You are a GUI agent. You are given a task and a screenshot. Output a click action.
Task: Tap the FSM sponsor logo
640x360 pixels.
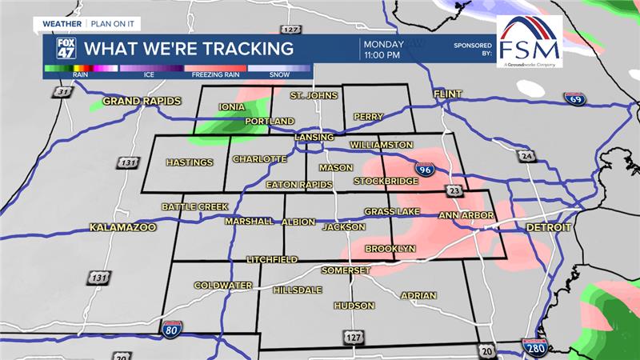[x=528, y=42]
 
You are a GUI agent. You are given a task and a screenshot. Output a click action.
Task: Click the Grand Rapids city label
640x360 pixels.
[x=142, y=102]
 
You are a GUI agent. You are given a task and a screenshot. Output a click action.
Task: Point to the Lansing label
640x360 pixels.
[x=314, y=138]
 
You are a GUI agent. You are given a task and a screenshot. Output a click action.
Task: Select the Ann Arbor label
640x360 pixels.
[x=467, y=216]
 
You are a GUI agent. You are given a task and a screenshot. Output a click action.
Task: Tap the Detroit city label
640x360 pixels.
[x=549, y=228]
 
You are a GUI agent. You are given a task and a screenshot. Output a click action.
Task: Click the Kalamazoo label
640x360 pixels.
[x=122, y=227]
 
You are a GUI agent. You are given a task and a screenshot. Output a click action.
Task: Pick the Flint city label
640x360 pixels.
[x=448, y=94]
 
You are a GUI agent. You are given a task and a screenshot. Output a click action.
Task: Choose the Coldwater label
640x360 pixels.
[x=223, y=286]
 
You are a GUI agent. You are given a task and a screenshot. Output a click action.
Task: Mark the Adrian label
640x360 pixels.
[x=418, y=296]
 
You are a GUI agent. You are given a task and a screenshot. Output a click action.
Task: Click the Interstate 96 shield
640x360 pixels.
[x=425, y=169]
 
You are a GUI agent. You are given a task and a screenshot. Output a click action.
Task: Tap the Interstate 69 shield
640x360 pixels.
[x=578, y=100]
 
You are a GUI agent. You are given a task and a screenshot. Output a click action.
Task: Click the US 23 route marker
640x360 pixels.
[x=454, y=190]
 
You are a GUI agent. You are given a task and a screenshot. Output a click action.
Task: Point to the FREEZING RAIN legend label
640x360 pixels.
[x=215, y=76]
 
